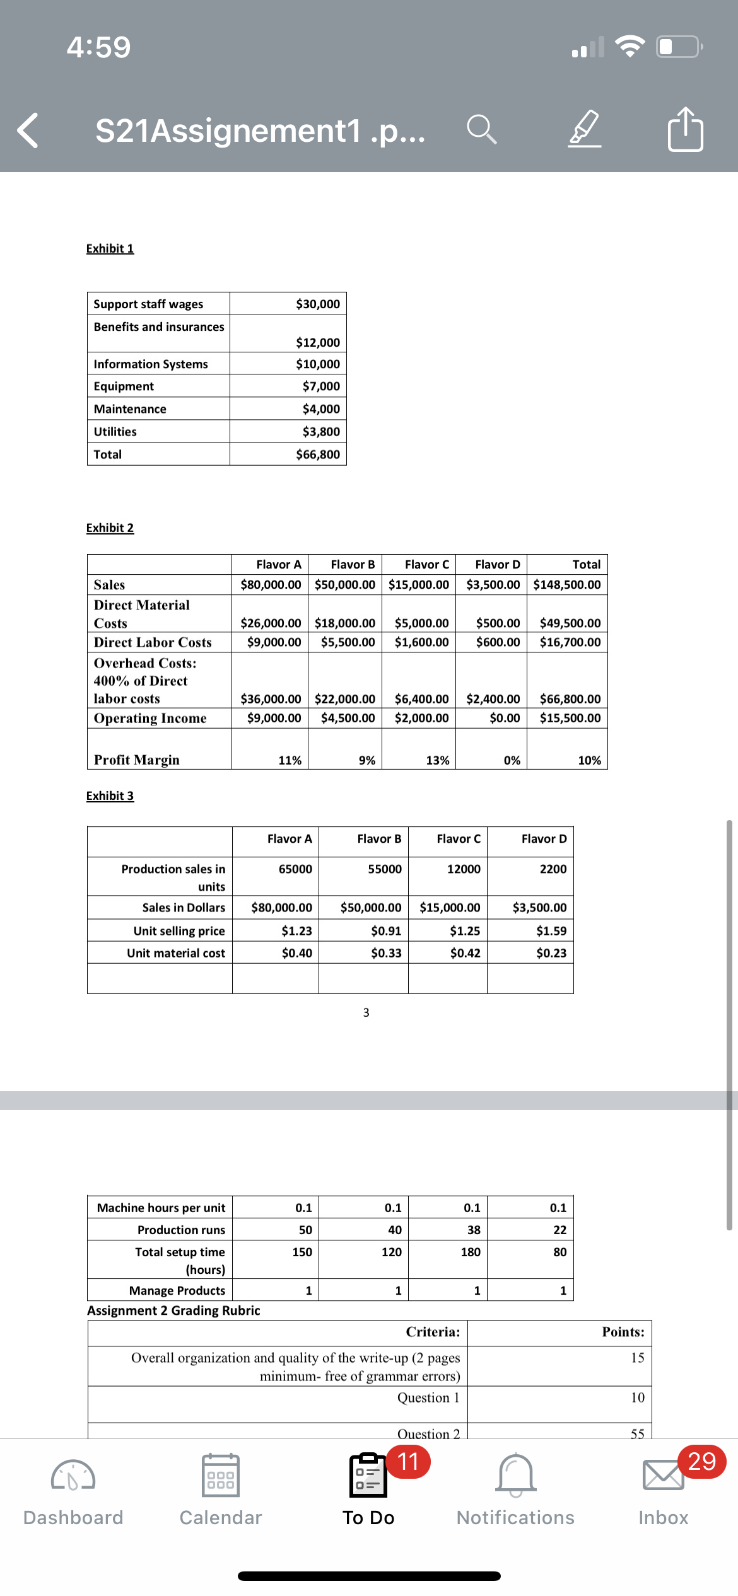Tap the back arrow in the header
[x=28, y=130]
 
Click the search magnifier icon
[x=481, y=130]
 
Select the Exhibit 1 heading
[x=110, y=248]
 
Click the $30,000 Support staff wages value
[x=317, y=304]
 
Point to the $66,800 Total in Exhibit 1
[x=317, y=454]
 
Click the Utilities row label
[x=115, y=432]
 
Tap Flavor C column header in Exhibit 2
[x=426, y=564]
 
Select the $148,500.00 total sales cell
[x=566, y=584]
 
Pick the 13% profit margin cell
[x=437, y=760]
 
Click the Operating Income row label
[x=150, y=718]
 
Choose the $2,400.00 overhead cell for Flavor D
[x=493, y=698]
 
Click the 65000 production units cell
[x=295, y=869]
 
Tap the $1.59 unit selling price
[x=551, y=930]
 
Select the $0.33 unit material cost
[x=385, y=953]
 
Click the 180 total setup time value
[x=470, y=1252]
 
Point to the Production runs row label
[x=181, y=1230]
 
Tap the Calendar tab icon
[x=220, y=1475]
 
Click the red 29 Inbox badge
[x=701, y=1461]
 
